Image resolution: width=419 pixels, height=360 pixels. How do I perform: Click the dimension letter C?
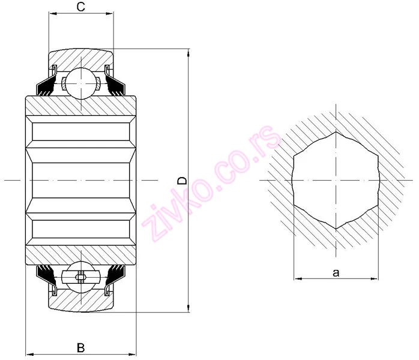tap(80, 7)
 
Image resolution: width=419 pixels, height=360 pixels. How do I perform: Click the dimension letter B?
tap(80, 348)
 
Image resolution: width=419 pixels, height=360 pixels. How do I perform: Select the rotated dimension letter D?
tap(182, 181)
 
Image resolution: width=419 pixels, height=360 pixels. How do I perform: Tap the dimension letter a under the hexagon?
tap(336, 273)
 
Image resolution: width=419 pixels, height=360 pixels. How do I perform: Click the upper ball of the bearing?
tap(81, 83)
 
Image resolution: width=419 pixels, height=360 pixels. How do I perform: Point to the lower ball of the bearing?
tap(81, 277)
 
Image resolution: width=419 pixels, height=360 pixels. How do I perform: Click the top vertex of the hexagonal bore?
tap(336, 131)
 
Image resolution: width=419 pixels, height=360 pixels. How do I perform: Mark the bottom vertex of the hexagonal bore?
tap(336, 229)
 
